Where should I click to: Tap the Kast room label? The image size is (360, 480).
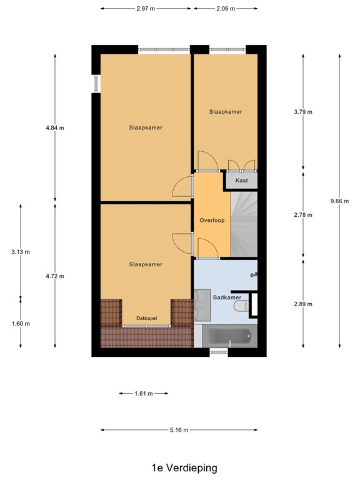point(241,181)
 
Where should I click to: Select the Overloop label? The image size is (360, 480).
point(211,221)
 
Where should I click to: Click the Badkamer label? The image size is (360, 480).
point(226,297)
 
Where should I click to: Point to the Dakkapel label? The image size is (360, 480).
point(147,318)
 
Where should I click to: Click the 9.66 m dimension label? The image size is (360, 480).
point(339,201)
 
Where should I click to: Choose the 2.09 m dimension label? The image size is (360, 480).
point(225,9)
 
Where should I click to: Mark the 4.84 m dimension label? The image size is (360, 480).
point(54,127)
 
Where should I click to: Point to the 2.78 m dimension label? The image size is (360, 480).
point(303,214)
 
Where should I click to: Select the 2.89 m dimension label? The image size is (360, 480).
point(303,304)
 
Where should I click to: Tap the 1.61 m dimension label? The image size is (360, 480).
point(144,394)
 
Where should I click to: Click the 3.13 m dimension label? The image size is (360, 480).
point(20,252)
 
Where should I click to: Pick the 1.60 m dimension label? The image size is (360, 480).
point(20,323)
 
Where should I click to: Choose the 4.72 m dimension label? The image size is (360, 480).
point(54,276)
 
